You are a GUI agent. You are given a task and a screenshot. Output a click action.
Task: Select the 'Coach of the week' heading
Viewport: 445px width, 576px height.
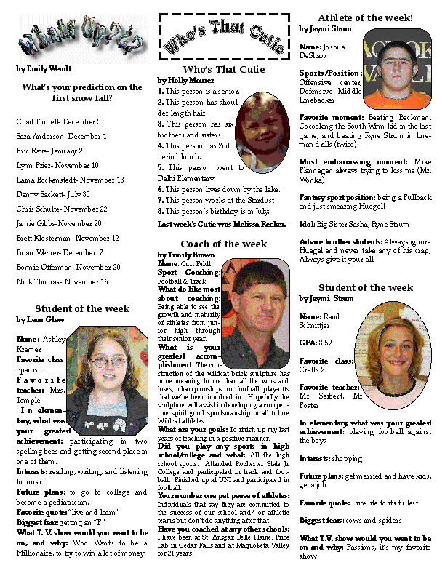coord(224,244)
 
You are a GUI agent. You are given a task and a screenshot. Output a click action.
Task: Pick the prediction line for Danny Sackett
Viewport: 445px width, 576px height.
coord(53,194)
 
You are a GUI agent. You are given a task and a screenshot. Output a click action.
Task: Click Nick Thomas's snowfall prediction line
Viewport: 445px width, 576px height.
coord(62,281)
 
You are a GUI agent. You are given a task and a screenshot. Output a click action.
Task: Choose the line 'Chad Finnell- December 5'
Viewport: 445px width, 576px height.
coord(58,121)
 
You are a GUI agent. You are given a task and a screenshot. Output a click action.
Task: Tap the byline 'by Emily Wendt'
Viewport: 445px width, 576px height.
coord(43,69)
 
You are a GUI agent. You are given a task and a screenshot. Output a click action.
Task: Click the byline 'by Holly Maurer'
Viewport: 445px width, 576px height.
coord(185,80)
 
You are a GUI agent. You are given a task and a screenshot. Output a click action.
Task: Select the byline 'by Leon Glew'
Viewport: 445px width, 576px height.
coord(41,319)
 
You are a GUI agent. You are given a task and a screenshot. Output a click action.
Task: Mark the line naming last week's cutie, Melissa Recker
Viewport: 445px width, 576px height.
coord(222,225)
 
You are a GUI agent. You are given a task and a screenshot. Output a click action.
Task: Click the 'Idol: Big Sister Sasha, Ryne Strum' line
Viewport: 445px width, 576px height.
coord(354,224)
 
